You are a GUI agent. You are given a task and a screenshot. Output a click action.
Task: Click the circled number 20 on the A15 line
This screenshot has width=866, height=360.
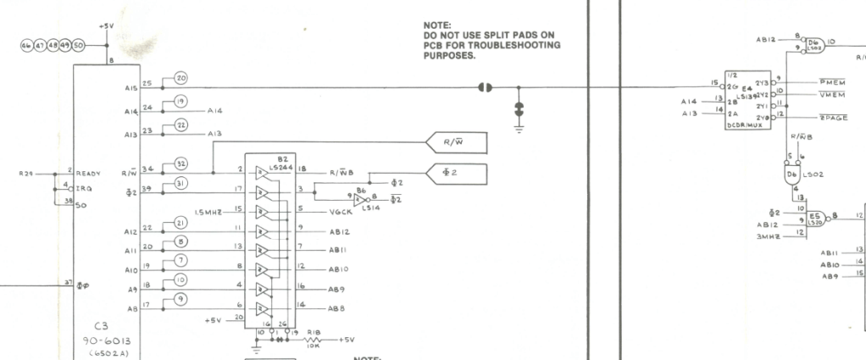point(181,78)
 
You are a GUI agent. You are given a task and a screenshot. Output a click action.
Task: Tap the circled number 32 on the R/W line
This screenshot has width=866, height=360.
point(181,163)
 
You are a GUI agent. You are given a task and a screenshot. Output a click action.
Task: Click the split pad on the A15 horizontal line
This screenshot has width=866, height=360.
point(485,86)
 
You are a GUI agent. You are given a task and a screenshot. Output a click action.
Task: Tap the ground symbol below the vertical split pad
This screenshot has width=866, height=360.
point(519,126)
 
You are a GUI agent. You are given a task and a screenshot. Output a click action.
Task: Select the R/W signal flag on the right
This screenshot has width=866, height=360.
point(458,142)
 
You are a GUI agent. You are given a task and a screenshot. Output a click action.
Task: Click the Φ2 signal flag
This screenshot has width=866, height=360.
point(458,174)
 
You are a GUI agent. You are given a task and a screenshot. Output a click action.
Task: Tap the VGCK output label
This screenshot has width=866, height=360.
point(341,211)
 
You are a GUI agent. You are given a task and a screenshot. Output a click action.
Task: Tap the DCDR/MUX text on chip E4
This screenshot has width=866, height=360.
point(745,125)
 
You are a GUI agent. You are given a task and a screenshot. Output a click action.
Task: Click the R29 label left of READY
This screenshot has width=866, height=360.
point(27,173)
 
